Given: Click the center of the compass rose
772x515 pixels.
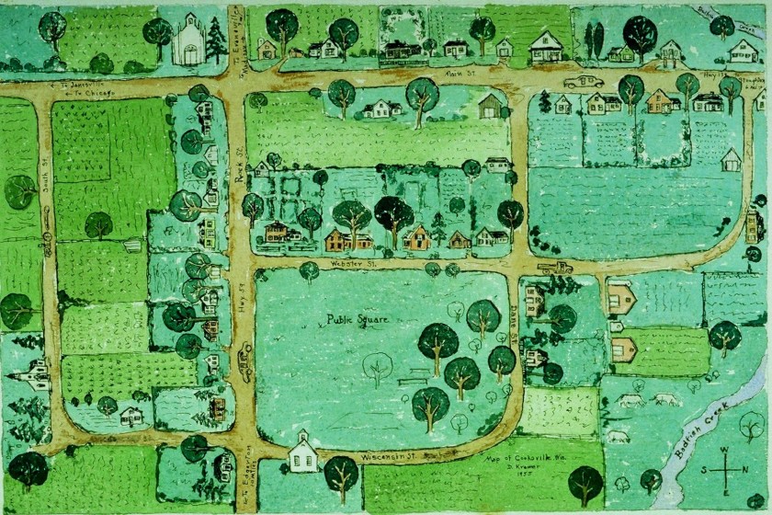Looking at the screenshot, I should [727, 468].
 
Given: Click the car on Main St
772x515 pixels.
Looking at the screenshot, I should [584, 83].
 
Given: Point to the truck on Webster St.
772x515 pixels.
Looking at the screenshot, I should [555, 268].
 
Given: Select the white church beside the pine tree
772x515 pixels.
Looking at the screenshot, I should [190, 41].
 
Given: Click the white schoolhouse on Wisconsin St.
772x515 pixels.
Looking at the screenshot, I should [303, 453].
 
